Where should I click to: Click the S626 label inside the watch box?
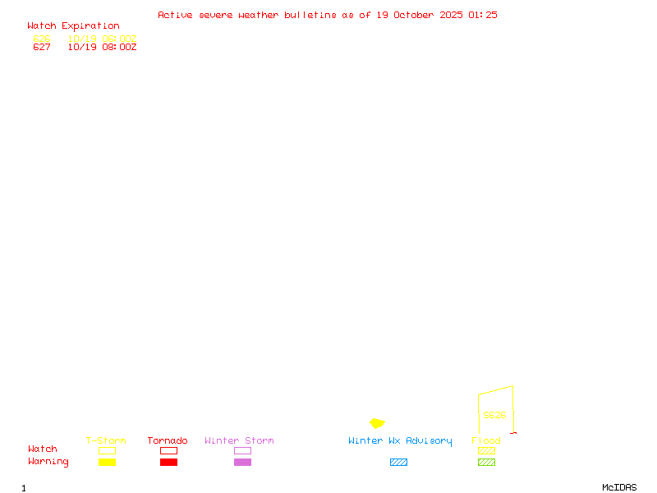(x=494, y=415)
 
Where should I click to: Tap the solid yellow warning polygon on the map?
(x=377, y=423)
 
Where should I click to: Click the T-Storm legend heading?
(x=106, y=440)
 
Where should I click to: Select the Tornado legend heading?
(x=168, y=440)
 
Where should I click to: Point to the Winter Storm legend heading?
(x=239, y=440)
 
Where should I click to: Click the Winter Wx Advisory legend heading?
(x=400, y=440)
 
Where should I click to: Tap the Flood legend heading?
(x=486, y=440)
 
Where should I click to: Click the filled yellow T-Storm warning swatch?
(x=107, y=462)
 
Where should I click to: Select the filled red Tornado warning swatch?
(x=168, y=462)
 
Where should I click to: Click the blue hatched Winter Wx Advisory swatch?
(x=398, y=462)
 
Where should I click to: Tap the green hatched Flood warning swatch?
(x=486, y=462)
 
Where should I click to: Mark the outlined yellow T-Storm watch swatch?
(x=107, y=450)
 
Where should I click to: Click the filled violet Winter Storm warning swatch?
(x=242, y=462)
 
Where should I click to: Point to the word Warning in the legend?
(x=48, y=462)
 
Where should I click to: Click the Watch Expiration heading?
(x=73, y=25)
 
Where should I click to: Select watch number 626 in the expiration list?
(x=42, y=39)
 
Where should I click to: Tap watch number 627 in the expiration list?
(x=42, y=47)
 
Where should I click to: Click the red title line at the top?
(x=328, y=15)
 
